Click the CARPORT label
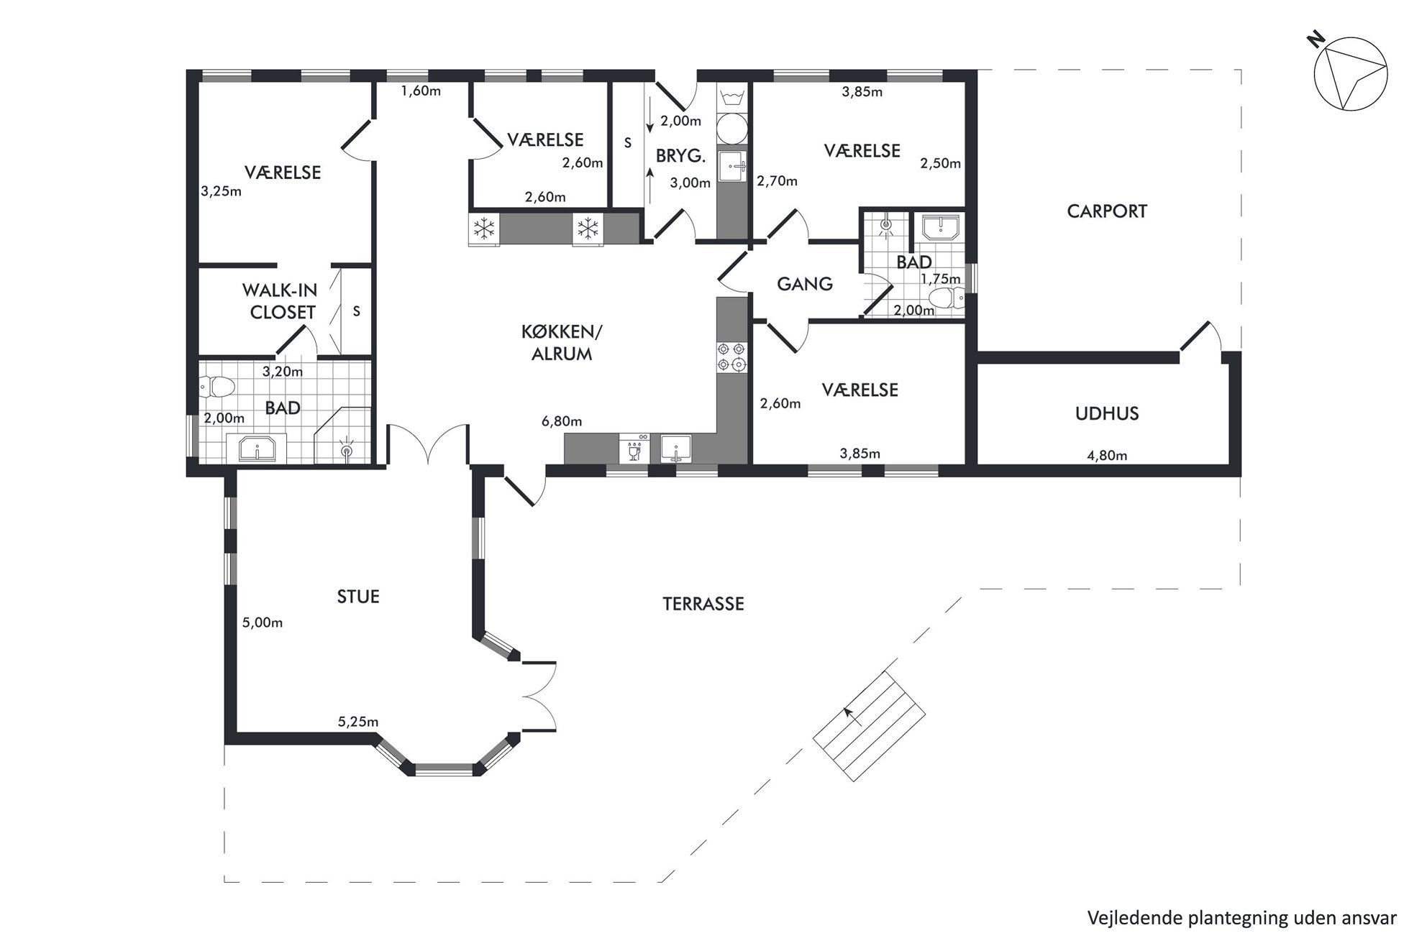[1106, 211]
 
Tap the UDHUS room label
[1107, 413]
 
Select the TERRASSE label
[703, 604]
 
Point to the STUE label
[358, 597]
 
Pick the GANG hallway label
[805, 284]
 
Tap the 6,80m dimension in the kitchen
[562, 421]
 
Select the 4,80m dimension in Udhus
[1106, 455]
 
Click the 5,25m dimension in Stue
[358, 722]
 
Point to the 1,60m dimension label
[421, 91]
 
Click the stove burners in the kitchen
[732, 357]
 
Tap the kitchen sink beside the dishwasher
[676, 449]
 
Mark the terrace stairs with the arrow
[869, 726]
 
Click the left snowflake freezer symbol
[484, 229]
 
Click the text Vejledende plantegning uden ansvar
[1242, 918]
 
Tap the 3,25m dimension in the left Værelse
[221, 191]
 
